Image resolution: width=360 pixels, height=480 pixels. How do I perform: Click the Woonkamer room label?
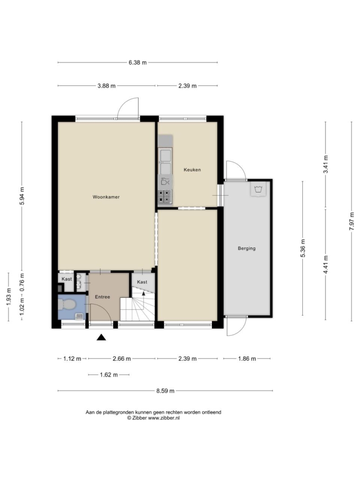106,197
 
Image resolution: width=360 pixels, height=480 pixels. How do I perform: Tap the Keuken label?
192,170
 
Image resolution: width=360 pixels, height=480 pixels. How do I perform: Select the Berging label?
246,248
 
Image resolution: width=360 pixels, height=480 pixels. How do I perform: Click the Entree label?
102,297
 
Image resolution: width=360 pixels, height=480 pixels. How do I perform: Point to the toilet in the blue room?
67,305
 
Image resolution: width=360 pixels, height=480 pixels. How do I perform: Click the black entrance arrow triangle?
101,337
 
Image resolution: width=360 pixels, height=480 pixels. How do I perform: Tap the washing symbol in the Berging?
258,189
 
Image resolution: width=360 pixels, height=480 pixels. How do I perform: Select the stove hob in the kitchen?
165,197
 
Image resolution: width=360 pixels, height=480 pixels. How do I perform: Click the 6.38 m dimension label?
137,62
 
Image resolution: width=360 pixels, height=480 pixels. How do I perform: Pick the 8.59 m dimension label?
165,391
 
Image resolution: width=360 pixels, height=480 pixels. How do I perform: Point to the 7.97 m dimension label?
352,221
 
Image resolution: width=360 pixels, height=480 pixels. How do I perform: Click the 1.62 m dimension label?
109,375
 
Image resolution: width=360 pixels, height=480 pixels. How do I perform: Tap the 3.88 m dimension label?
107,86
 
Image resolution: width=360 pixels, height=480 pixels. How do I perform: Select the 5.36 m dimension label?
303,248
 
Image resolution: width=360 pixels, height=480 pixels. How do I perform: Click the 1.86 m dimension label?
247,358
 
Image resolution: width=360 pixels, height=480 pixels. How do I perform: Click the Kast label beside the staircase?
142,282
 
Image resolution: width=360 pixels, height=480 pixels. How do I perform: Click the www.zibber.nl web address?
164,418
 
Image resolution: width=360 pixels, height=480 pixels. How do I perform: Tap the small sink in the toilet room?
80,316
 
